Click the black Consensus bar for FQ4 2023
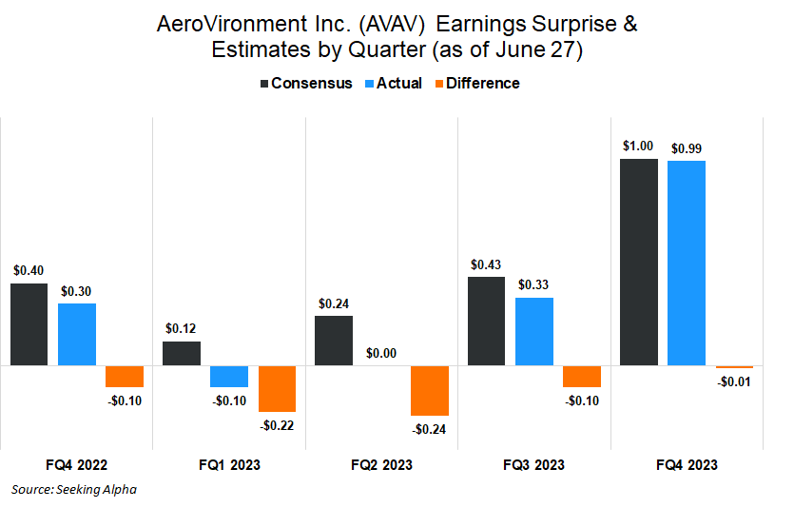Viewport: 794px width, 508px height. click(x=638, y=262)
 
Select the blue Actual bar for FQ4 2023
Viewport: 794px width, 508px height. click(x=686, y=263)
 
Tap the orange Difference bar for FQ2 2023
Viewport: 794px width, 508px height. click(x=430, y=390)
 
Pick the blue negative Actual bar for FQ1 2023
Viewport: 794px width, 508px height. click(x=229, y=376)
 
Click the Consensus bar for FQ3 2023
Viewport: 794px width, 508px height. click(x=486, y=321)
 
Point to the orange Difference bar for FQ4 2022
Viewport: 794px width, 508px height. click(x=125, y=376)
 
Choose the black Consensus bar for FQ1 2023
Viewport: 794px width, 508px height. click(x=182, y=353)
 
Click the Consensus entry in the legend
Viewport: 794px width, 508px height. click(x=305, y=83)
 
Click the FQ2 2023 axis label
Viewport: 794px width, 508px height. click(x=381, y=465)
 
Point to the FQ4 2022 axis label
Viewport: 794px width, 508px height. click(x=76, y=465)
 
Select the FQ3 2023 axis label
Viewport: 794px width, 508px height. click(x=533, y=465)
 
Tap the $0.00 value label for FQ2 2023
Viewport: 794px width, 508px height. click(x=382, y=353)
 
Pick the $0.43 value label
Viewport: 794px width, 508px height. click(x=486, y=264)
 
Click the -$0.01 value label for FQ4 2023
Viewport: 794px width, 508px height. click(x=733, y=381)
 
